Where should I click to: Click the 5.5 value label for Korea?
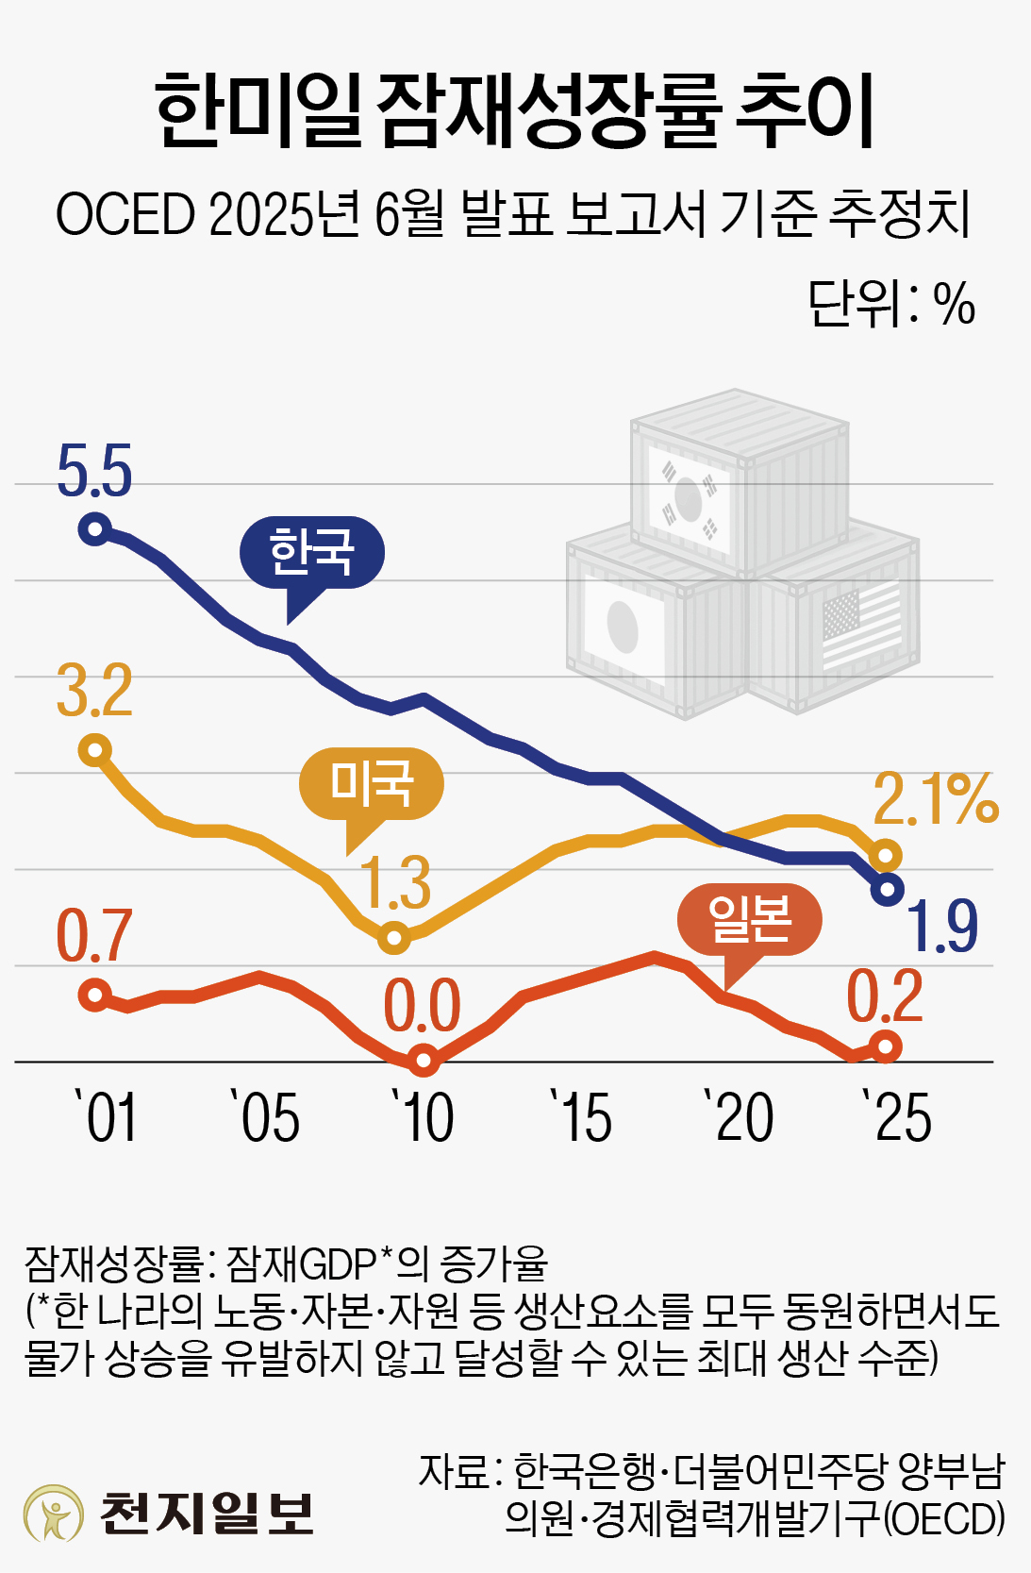pos(94,470)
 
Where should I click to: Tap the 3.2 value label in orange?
pos(94,691)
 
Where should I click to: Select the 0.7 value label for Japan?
pos(94,936)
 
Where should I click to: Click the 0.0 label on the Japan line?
pos(422,1007)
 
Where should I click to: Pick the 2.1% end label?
pos(935,799)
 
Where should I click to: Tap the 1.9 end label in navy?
pos(942,927)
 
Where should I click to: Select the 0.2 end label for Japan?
pos(885,996)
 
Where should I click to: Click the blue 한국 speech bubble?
pos(312,554)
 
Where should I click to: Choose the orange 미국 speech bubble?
pos(371,784)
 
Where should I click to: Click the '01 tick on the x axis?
pos(107,1118)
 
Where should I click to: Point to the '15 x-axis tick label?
pos(582,1118)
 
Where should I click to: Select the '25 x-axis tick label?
pos(897,1118)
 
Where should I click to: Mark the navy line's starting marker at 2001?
pos(95,528)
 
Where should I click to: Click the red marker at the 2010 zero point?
pos(424,1061)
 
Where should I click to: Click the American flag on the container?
pos(861,627)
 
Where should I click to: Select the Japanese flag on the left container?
pos(624,628)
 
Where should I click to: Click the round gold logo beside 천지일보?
pos(54,1513)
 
